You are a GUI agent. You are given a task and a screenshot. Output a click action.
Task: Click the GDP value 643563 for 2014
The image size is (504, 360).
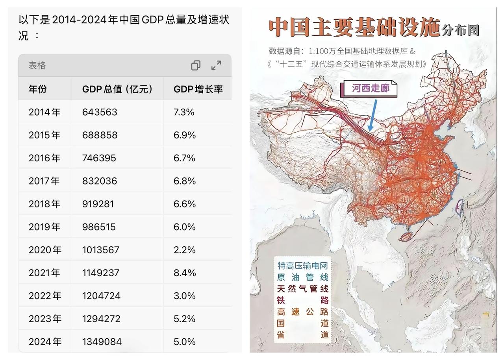point(100,112)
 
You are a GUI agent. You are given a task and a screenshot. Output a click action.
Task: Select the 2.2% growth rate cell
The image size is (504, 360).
point(185,250)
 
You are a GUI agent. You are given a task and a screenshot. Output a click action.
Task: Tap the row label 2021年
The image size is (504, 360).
point(45,273)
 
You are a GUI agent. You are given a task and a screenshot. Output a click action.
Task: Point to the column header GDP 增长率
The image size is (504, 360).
point(198,89)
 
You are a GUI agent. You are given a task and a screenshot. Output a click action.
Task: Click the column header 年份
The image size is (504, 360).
point(37,89)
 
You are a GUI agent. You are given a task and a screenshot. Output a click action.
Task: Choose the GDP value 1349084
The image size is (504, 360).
point(102,342)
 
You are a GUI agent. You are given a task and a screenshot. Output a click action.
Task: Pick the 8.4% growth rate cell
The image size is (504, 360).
point(185,273)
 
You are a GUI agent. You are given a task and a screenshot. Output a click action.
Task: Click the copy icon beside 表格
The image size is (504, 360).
point(196,65)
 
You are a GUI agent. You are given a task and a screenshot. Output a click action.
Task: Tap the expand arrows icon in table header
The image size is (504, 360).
point(216,65)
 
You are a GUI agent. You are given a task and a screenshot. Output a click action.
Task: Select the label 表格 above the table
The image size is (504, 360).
point(37,65)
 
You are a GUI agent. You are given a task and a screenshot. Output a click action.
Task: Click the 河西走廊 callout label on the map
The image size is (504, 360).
point(370,88)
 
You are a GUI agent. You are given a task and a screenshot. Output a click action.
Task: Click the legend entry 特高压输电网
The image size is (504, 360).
point(302,266)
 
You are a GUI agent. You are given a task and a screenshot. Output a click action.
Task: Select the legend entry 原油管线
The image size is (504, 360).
point(302,277)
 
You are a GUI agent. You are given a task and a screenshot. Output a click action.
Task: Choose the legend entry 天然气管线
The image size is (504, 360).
point(302,289)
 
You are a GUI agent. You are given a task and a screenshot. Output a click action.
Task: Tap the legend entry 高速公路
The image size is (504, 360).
point(302,312)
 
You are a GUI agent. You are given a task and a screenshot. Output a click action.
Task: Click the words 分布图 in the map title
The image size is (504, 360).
point(460,30)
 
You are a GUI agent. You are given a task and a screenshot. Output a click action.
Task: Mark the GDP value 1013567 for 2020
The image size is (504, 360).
point(101,250)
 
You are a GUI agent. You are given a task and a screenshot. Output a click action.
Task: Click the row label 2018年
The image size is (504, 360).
point(44,204)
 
